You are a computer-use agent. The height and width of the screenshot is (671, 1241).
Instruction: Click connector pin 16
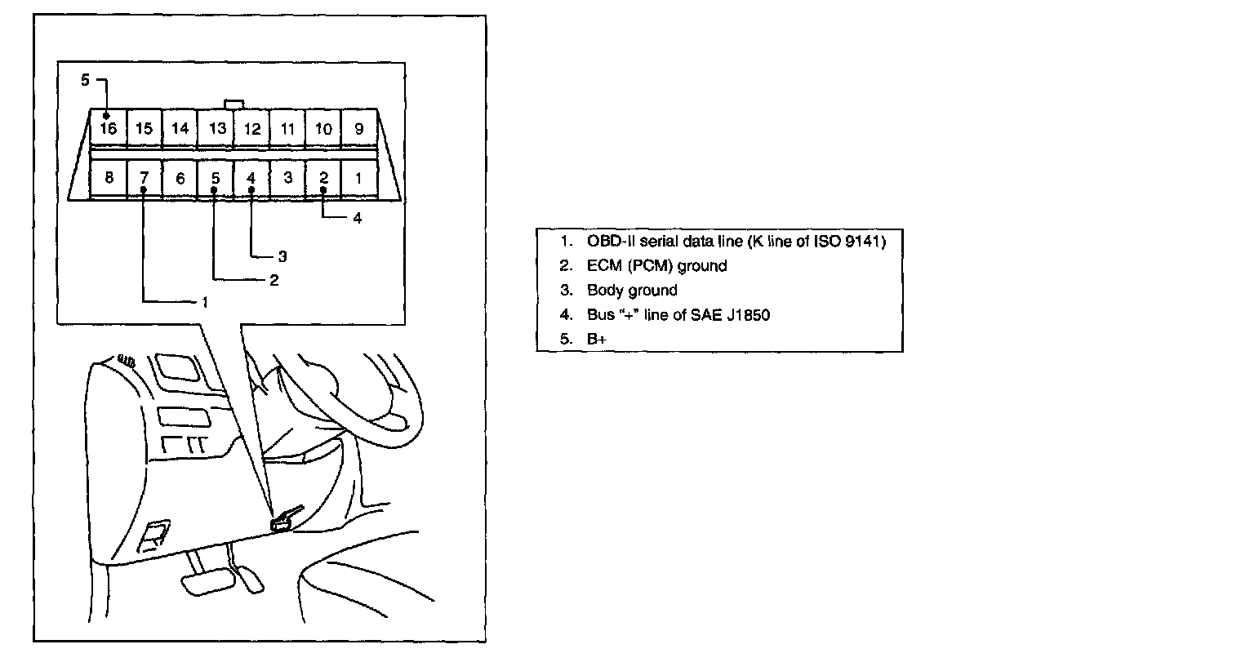[x=109, y=128]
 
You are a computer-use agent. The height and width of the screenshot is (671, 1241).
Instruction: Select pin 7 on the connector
[x=144, y=178]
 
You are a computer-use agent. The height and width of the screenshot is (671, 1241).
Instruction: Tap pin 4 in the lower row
[x=251, y=178]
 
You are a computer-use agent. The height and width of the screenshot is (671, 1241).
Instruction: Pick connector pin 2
[x=323, y=178]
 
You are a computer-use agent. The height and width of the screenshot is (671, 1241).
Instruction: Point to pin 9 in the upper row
[x=359, y=128]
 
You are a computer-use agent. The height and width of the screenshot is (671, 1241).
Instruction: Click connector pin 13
[x=216, y=128]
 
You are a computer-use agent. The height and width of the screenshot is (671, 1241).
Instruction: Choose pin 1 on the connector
[x=359, y=178]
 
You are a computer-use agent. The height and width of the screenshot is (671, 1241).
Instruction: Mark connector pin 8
[x=109, y=178]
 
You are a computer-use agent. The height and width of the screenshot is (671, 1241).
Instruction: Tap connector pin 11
[x=287, y=128]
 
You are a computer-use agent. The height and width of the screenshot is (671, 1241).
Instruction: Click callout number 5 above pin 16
[x=85, y=80]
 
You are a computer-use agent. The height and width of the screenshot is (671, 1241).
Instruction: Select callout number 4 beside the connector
[x=358, y=218]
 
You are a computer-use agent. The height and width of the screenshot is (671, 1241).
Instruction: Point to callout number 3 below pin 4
[x=282, y=256]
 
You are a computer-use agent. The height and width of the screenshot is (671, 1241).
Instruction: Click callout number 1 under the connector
[x=205, y=303]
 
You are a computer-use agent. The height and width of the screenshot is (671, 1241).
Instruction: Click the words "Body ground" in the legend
[x=632, y=291]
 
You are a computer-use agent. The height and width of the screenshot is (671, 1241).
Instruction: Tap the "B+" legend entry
[x=597, y=339]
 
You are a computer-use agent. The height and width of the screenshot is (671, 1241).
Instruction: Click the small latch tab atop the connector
[x=234, y=104]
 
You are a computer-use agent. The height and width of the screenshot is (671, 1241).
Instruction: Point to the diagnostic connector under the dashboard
[x=282, y=522]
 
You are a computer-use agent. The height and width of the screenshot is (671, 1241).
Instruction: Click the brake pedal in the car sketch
[x=208, y=584]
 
